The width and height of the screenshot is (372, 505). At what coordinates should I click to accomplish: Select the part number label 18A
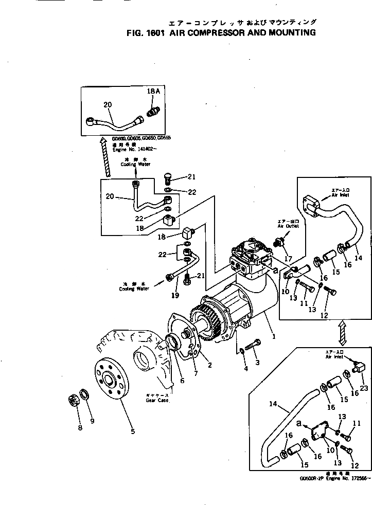point(154,91)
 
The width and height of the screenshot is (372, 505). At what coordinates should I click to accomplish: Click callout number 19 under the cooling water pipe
point(174,295)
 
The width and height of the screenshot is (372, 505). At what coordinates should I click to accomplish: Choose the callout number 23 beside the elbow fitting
point(365,388)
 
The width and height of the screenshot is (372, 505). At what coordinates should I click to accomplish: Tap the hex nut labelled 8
point(74,401)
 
